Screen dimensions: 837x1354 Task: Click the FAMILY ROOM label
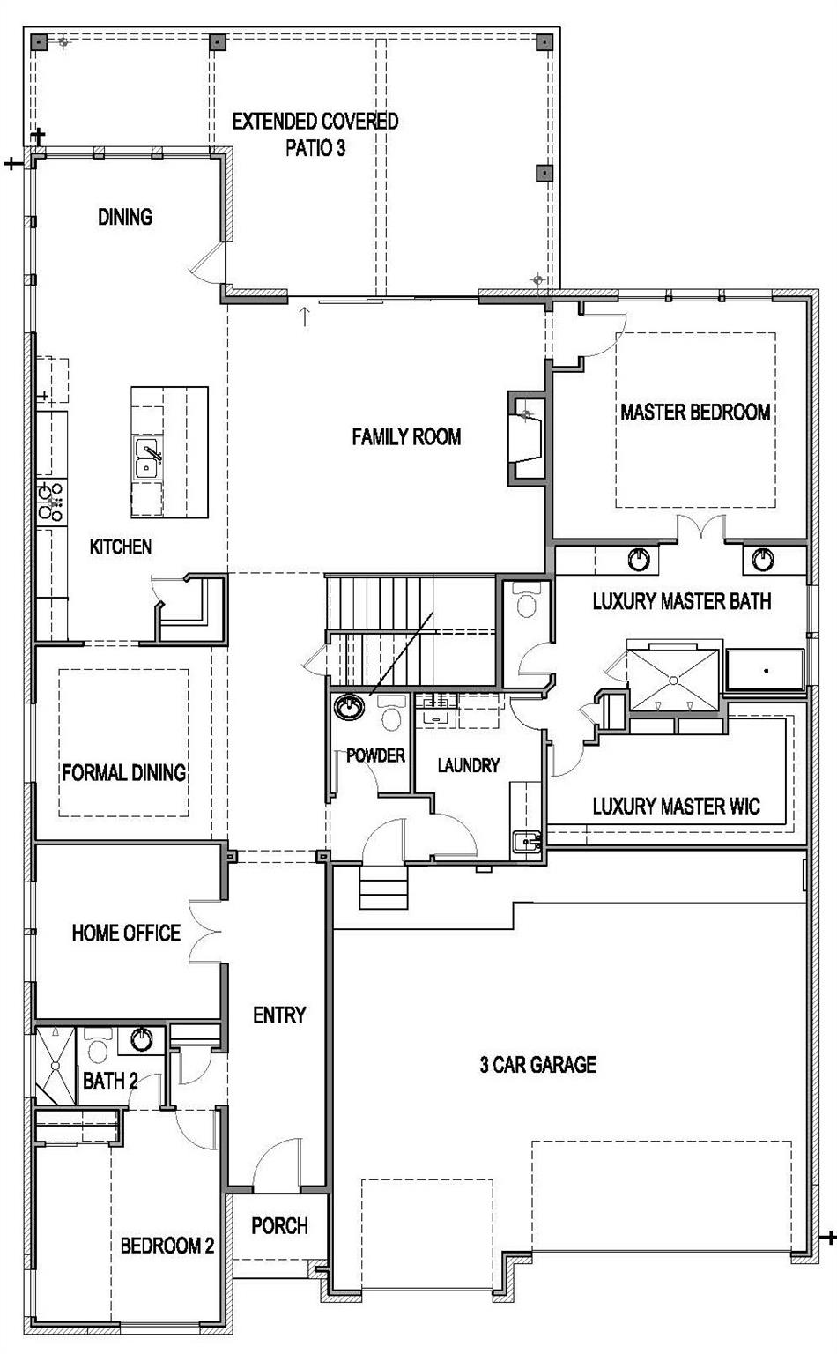[406, 436]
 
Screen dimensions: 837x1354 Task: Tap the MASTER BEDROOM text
[695, 413]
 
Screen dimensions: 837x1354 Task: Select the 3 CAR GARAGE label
[537, 1064]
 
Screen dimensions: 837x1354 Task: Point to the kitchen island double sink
[147, 458]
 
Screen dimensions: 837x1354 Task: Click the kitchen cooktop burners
[51, 502]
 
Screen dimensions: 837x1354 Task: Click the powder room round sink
[349, 707]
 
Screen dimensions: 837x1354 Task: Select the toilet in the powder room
[391, 713]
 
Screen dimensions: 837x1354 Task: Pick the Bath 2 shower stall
[56, 1066]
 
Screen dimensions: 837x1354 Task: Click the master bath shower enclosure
[674, 680]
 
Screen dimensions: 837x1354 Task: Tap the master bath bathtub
[765, 670]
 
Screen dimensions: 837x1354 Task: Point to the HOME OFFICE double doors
[205, 932]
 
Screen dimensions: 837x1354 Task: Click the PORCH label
[279, 1225]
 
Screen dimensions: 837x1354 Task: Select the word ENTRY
[279, 1015]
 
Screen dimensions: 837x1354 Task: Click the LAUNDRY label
[469, 765]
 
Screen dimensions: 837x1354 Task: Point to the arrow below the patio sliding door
[305, 316]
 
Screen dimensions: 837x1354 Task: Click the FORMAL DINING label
[124, 772]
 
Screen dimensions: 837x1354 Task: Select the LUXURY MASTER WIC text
[676, 806]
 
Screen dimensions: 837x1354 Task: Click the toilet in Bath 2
[97, 1045]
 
